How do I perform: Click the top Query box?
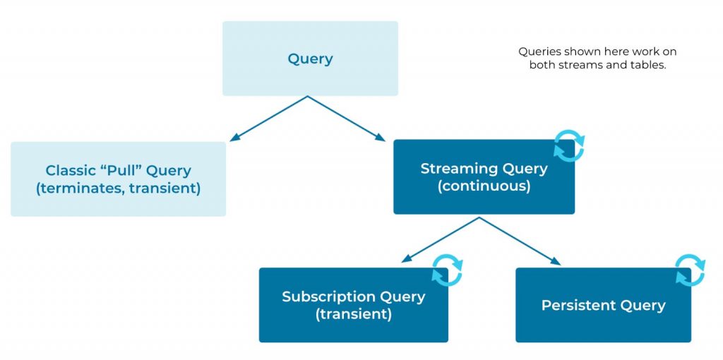pyautogui.click(x=310, y=59)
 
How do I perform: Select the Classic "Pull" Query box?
pyautogui.click(x=118, y=179)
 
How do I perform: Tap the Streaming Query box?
pyautogui.click(x=484, y=177)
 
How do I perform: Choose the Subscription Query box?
pyautogui.click(x=353, y=305)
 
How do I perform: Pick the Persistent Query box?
pyautogui.click(x=603, y=305)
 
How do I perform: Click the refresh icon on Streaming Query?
pyautogui.click(x=569, y=146)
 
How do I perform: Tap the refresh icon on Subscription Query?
pyautogui.click(x=447, y=270)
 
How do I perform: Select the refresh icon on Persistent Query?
pyautogui.click(x=690, y=270)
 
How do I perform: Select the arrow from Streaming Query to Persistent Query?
pyautogui.click(x=520, y=241)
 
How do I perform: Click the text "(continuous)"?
pyautogui.click(x=484, y=186)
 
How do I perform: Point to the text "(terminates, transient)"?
pyautogui.click(x=118, y=188)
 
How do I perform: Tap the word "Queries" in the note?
pyautogui.click(x=539, y=52)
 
